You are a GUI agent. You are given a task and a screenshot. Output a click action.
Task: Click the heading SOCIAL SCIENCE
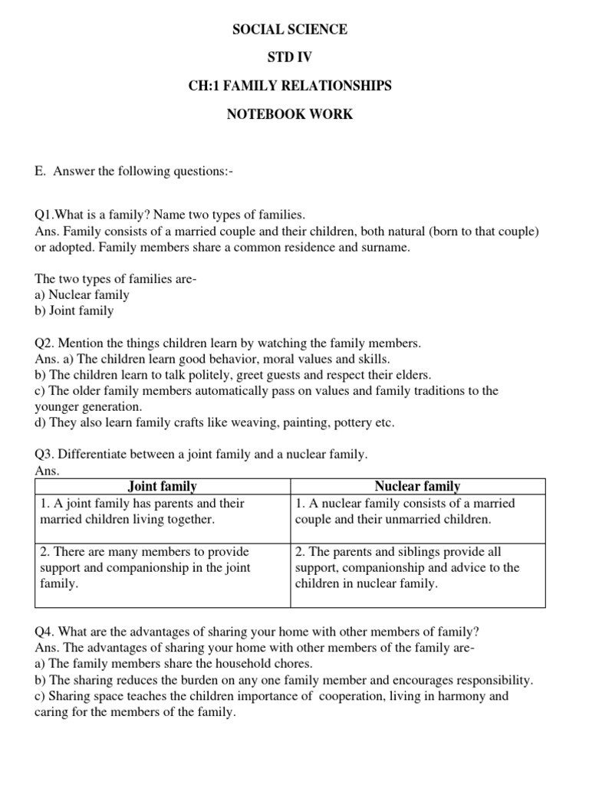tap(289, 30)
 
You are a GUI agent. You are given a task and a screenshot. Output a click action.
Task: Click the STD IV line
tap(289, 58)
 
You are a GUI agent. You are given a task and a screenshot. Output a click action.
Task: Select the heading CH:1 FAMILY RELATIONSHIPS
tap(289, 86)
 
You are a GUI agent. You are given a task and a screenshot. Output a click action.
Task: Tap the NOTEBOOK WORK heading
tap(289, 114)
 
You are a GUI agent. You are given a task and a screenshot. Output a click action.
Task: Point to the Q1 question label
tap(46, 215)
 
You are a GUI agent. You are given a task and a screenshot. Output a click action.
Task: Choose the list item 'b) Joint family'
tap(74, 311)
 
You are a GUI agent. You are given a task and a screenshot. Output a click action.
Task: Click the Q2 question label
tap(46, 343)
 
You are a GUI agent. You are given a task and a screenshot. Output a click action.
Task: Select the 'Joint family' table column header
tap(162, 486)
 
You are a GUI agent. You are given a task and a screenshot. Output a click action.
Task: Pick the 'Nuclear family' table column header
tap(417, 486)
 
